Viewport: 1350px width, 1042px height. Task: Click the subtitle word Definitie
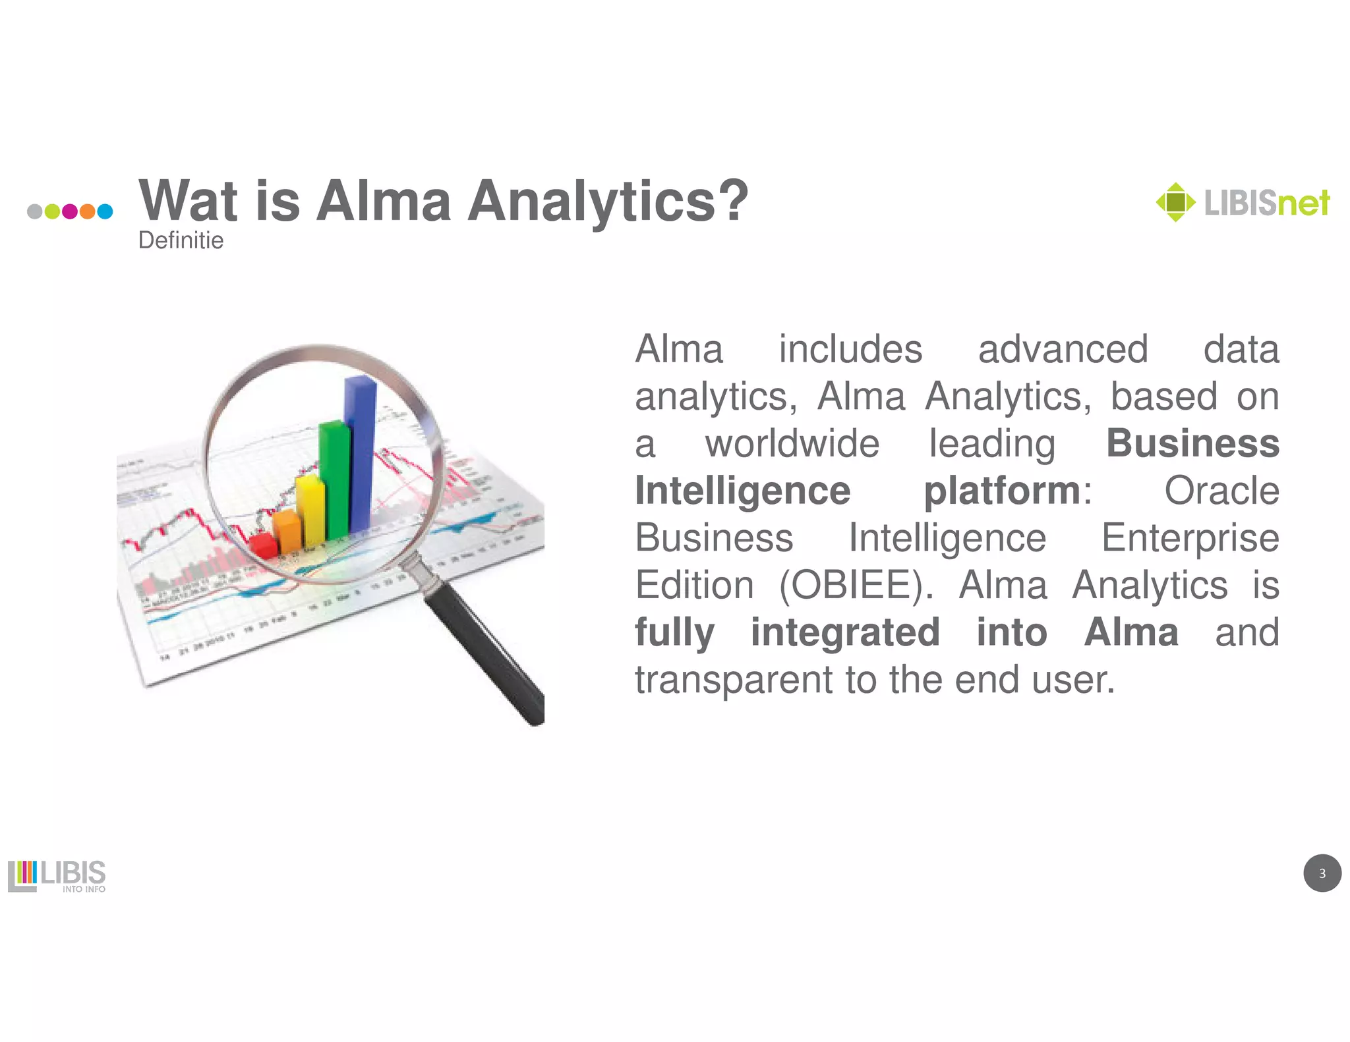pos(181,240)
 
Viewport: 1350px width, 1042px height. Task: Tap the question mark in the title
pos(733,200)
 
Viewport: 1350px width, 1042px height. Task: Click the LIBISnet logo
pos(1243,202)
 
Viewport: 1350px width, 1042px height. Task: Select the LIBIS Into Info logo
pos(57,875)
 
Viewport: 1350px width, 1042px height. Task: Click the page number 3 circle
pos(1322,873)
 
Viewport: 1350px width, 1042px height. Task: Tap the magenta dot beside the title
pos(70,211)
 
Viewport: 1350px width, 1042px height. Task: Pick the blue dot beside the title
pos(105,211)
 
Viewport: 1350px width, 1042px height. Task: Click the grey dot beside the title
pos(35,211)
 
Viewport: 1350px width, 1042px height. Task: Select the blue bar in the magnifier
pos(360,454)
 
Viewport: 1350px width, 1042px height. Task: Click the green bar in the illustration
pos(334,481)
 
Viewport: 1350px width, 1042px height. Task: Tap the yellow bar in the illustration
pos(310,510)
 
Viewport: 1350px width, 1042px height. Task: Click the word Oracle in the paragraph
pos(1221,491)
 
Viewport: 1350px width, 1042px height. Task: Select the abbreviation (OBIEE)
pos(856,585)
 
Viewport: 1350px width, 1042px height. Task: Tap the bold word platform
pos(1002,491)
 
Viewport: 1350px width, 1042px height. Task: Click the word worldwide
pos(792,443)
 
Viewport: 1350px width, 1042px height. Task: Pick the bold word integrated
pos(845,632)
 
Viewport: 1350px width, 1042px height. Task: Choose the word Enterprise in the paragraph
pos(1190,537)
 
